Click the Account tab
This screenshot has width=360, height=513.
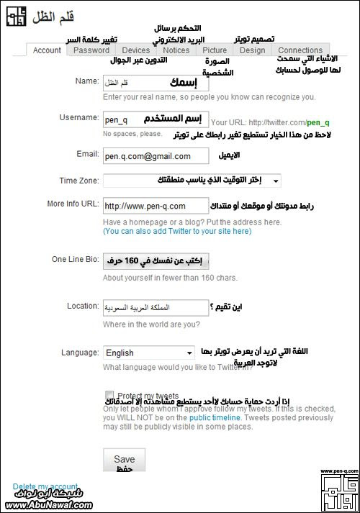47,50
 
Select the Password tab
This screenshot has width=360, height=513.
91,50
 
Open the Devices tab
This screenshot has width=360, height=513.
135,50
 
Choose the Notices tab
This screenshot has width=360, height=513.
176,50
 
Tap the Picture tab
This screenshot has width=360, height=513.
215,50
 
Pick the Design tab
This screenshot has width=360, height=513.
252,50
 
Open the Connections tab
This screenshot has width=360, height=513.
300,50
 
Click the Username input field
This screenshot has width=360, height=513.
156,118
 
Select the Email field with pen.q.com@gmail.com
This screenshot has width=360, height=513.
156,155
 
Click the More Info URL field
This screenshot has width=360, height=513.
156,206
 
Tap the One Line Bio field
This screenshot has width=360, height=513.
156,260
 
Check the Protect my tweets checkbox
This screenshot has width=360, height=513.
109,395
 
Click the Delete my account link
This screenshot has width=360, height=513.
45,486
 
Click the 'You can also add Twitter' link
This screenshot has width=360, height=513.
177,232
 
